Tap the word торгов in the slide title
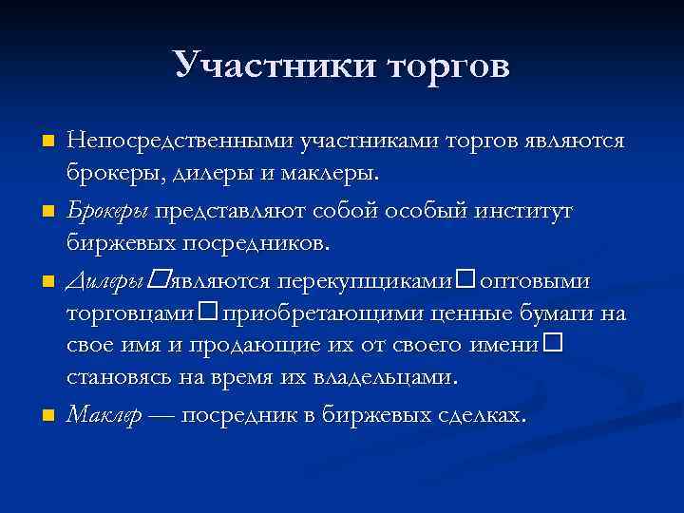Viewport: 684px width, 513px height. click(440, 66)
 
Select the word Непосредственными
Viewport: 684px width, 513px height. click(180, 141)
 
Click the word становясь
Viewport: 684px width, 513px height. click(122, 377)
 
